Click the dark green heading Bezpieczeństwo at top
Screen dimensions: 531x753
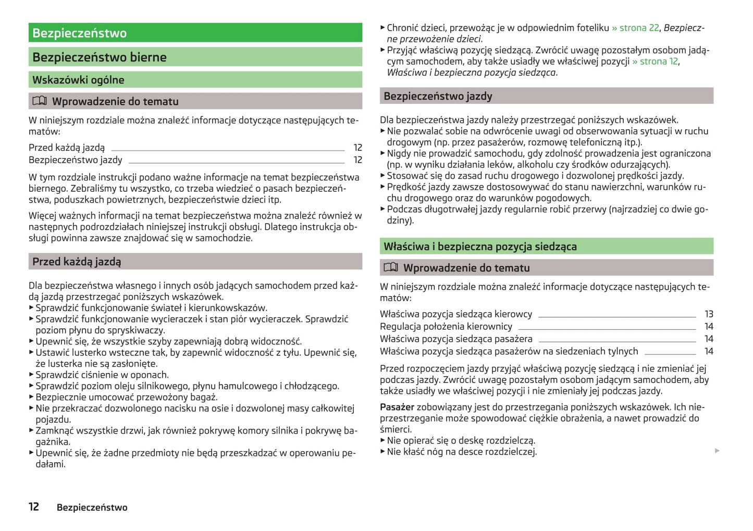79,33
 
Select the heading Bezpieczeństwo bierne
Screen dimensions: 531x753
100,57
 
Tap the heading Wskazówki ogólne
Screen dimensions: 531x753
78,80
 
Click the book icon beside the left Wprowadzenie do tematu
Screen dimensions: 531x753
40,101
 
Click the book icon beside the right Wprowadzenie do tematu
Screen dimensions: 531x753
391,267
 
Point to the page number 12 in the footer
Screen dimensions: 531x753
34,507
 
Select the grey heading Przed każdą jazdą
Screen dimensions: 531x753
77,262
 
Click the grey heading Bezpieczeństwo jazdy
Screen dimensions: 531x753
438,96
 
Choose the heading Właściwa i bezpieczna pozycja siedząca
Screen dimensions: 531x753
480,246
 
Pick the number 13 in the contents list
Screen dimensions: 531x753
709,314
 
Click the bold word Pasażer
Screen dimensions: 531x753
397,407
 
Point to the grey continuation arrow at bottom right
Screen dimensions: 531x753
717,450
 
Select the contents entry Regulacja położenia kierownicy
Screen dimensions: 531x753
446,327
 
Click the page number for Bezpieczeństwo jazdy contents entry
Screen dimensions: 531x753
357,160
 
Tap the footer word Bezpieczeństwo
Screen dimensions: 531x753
92,508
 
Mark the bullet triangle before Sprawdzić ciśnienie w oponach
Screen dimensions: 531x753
31,375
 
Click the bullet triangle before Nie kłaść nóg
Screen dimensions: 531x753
383,452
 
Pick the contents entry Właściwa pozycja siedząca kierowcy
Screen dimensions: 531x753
456,314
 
